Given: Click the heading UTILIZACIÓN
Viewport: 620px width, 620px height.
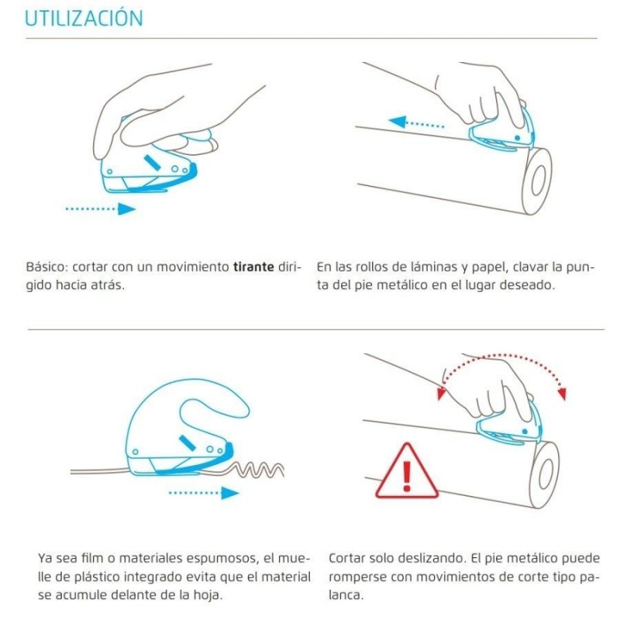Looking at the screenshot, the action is coord(84,18).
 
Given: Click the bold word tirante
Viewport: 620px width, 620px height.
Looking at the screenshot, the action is coord(253,267).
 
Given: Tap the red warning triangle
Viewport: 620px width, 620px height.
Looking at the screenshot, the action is coord(406,471).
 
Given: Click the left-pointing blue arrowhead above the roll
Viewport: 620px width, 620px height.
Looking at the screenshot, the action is coord(398,122).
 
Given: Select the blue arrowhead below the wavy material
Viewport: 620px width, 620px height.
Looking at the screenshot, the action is coord(229,493).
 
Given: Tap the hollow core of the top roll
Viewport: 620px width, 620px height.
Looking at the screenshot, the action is coord(539,181).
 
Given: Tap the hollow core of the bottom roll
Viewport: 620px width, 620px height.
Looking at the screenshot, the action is coord(546,474).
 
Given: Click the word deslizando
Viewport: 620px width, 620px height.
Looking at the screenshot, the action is coord(431,558).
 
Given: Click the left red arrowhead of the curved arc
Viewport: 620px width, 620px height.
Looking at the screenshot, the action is coord(441,394).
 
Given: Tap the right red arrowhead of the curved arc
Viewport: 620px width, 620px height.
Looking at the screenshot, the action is coord(562,394).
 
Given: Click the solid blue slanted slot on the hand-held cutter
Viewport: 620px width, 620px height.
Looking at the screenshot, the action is coord(152,163).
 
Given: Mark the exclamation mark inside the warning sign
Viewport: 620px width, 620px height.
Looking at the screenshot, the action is coord(406,476).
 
